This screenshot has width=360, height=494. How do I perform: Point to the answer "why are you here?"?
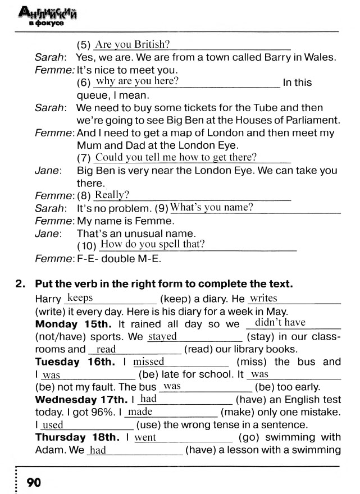pyautogui.click(x=137, y=81)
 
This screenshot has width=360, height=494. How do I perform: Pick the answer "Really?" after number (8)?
pyautogui.click(x=112, y=195)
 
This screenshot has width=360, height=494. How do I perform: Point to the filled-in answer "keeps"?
pyautogui.click(x=80, y=298)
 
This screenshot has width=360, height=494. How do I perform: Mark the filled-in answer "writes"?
pyautogui.click(x=263, y=299)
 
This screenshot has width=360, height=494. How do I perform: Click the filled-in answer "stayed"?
pyautogui.click(x=162, y=337)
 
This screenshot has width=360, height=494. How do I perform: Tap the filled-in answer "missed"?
pyautogui.click(x=149, y=362)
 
